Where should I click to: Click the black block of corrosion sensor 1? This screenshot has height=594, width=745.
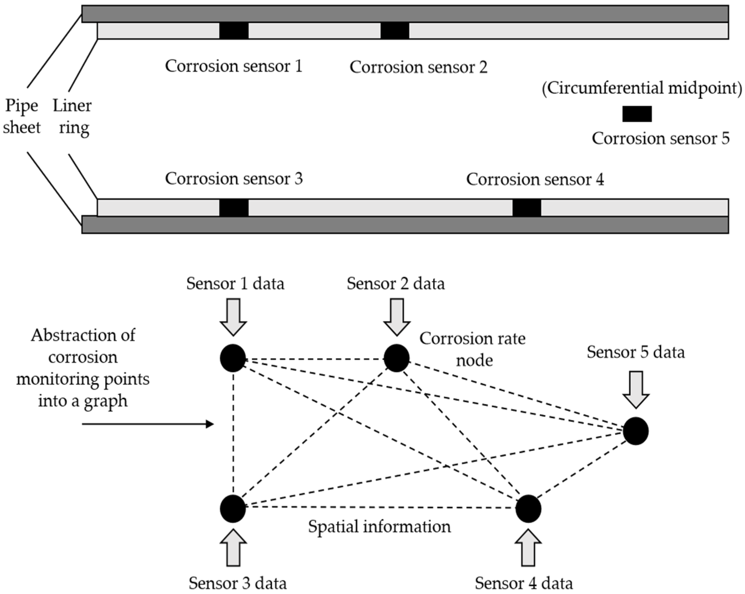[234, 30]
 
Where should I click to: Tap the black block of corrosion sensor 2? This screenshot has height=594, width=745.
[395, 30]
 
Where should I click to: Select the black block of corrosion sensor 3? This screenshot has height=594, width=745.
[234, 208]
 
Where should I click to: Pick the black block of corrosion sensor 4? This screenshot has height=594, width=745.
[527, 208]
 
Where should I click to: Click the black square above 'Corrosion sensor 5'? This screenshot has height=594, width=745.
[637, 114]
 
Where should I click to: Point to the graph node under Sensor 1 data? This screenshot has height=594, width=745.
[233, 358]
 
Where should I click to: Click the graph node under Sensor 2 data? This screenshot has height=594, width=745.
[396, 358]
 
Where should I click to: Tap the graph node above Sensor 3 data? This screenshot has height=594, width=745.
[233, 508]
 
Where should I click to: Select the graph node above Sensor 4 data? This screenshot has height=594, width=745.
[528, 508]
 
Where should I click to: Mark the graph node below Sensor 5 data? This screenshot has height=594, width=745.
[636, 431]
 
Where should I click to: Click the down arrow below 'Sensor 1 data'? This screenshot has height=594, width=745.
[233, 316]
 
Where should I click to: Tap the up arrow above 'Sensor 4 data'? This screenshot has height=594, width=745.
[528, 548]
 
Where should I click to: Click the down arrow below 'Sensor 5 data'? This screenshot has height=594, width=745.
[636, 389]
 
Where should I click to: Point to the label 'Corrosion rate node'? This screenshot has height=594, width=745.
[472, 349]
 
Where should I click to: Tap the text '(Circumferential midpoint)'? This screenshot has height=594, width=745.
[642, 88]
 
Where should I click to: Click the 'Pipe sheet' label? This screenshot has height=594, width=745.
[21, 116]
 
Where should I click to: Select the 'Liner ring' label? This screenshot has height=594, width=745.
[73, 116]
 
